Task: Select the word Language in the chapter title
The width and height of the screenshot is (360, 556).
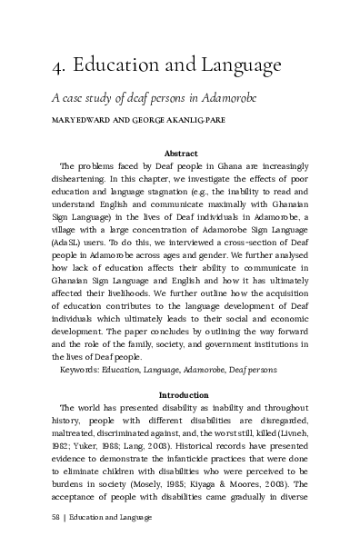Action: click(242, 67)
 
